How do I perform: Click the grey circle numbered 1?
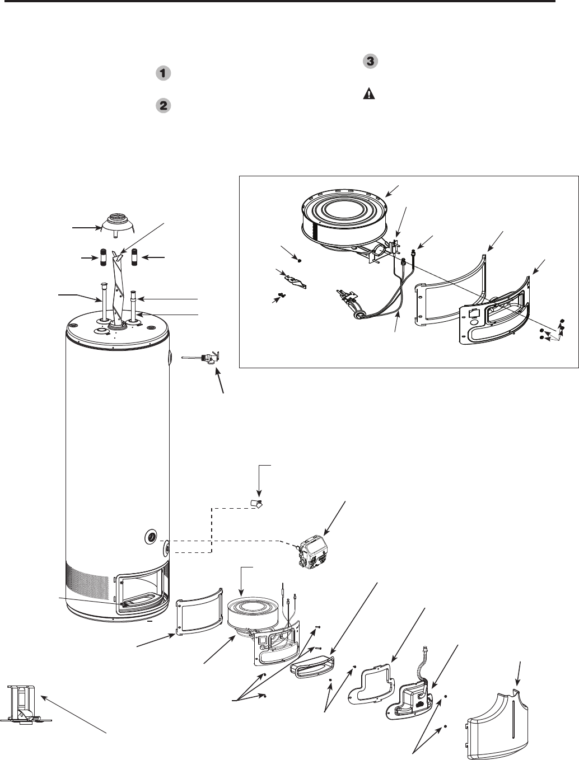163,73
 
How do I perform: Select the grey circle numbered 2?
163,105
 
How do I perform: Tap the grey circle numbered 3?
370,62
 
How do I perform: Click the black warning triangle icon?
369,94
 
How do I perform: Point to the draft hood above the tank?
115,227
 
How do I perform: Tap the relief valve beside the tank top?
204,358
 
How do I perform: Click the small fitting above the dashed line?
256,503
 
